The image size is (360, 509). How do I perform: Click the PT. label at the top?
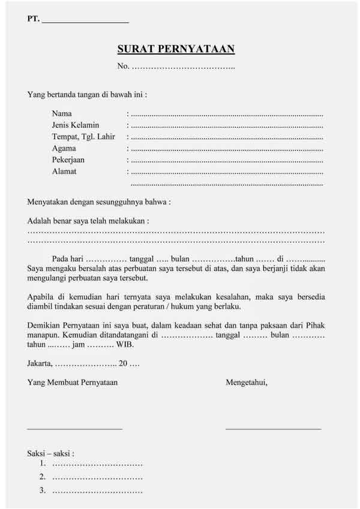34,20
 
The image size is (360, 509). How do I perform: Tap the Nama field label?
62,113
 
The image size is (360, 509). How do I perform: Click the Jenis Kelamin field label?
75,125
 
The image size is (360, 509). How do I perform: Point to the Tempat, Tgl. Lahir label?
83,137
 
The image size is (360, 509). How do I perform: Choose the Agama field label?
64,148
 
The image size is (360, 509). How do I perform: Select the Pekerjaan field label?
68,160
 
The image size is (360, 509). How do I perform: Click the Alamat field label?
64,171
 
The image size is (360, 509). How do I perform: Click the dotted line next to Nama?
227,114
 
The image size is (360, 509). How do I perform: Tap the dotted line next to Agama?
227,149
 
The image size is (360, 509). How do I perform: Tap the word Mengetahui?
247,382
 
